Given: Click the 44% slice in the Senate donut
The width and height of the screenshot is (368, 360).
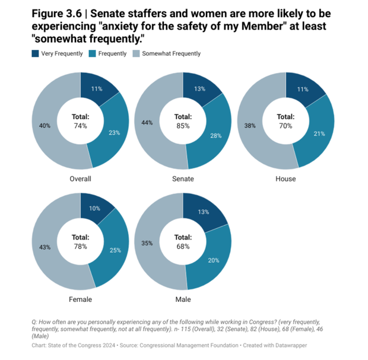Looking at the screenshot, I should pyautogui.click(x=147, y=122).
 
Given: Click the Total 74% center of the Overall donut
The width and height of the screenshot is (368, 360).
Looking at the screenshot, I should pyautogui.click(x=80, y=122).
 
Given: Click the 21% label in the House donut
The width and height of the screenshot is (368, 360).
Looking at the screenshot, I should pyautogui.click(x=319, y=134).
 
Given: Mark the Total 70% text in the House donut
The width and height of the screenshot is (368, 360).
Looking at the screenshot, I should pyautogui.click(x=285, y=122).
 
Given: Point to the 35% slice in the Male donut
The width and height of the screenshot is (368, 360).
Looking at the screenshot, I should pyautogui.click(x=147, y=243).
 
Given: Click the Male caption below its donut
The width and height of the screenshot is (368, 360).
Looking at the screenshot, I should pyautogui.click(x=183, y=300).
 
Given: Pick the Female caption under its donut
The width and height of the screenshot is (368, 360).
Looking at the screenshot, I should pyautogui.click(x=81, y=300).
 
